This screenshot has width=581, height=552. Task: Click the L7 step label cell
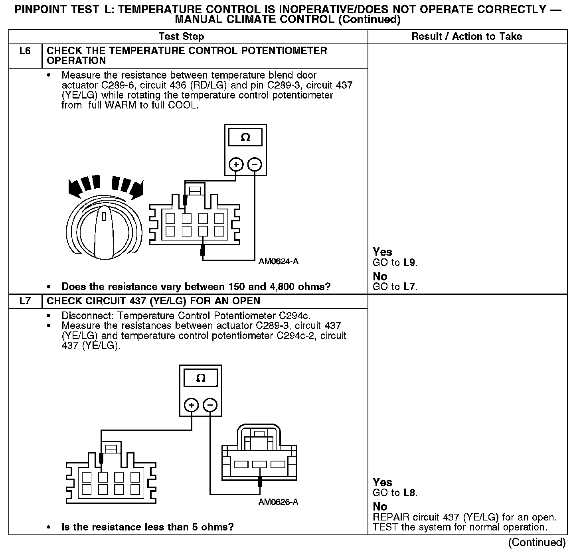click(25, 301)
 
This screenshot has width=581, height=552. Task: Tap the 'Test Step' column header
click(181, 37)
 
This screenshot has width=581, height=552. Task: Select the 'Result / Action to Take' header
click(466, 37)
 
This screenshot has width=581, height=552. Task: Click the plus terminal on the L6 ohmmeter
click(236, 164)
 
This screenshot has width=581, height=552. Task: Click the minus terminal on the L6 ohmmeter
click(255, 164)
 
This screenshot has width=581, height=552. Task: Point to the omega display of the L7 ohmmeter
click(201, 378)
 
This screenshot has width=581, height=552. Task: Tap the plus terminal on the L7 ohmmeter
click(192, 405)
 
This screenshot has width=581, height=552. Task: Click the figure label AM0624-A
click(278, 262)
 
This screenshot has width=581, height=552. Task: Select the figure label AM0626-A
click(278, 502)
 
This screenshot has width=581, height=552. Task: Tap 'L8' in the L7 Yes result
click(410, 493)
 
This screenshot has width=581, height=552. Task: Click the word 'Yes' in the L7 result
click(382, 482)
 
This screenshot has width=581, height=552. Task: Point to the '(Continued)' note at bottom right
click(537, 542)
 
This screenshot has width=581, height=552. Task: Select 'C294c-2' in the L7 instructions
click(296, 336)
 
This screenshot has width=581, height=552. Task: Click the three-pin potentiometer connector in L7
click(259, 459)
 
